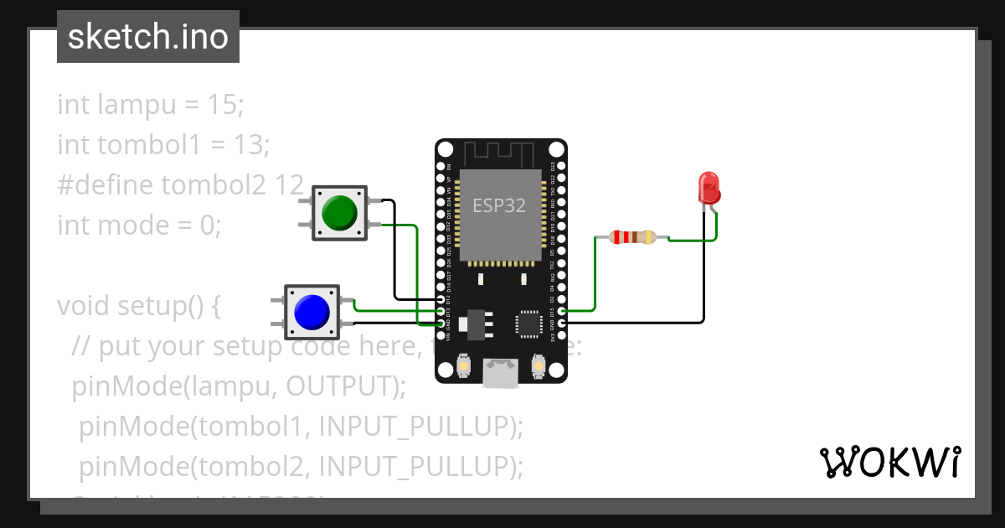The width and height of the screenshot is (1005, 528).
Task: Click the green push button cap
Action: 340,213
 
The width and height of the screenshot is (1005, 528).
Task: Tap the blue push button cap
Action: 312,312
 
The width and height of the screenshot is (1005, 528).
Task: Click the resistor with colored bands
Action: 632,237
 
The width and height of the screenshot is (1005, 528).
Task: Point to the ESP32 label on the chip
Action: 499,205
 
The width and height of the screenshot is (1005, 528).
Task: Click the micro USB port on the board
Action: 501,373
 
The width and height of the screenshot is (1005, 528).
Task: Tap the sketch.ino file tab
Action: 148,37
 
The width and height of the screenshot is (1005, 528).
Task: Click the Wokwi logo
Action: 889,462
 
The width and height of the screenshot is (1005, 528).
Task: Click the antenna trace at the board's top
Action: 500,154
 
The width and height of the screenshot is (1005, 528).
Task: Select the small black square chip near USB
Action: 529,324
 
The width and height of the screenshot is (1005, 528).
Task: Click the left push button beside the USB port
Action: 464,366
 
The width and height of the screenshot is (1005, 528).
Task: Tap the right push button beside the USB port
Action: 538,366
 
